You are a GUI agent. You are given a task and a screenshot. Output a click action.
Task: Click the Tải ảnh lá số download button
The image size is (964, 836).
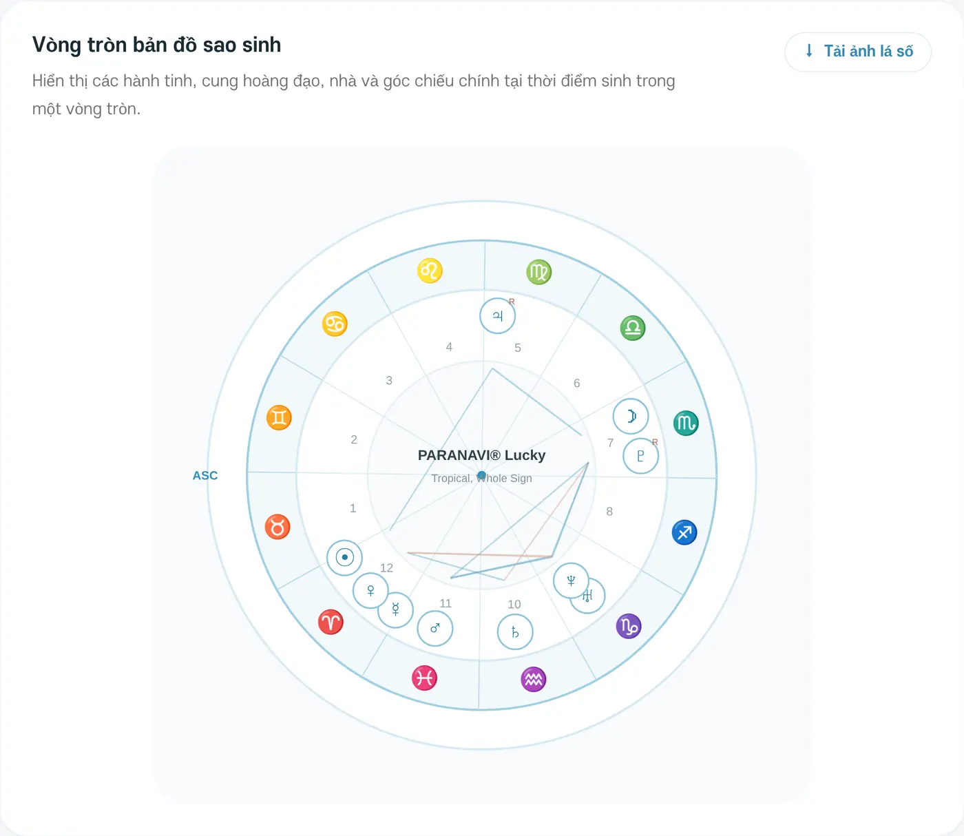pos(858,52)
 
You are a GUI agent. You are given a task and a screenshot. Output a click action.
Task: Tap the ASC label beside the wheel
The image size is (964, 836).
pos(205,475)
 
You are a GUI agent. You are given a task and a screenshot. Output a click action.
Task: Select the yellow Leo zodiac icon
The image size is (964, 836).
pos(430,271)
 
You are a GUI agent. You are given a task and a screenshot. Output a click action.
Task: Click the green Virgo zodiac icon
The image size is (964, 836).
pos(538,272)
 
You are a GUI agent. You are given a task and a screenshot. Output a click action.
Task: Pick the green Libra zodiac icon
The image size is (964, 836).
pos(632,328)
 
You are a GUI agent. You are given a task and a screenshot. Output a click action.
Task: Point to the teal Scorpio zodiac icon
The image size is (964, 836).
pos(686,423)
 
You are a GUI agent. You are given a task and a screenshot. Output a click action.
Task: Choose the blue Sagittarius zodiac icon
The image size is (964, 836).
pos(684,532)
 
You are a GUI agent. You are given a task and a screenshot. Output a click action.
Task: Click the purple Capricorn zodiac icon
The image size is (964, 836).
pos(629,626)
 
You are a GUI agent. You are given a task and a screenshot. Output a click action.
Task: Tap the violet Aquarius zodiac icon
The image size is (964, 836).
pos(533,679)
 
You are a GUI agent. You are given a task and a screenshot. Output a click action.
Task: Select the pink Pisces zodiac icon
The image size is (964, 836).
pos(424,678)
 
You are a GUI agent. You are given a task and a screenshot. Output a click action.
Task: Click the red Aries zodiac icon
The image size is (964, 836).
pos(331,622)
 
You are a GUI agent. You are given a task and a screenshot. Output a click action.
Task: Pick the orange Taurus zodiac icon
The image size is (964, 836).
pos(277,527)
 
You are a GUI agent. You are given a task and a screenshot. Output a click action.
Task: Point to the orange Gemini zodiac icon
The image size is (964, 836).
pos(279,417)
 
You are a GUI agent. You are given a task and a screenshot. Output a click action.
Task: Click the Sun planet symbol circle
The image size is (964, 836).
pos(344,558)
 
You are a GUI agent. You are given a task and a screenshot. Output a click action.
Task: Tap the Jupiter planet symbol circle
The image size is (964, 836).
pos(498,316)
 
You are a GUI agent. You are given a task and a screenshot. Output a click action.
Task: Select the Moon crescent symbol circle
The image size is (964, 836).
pos(631,416)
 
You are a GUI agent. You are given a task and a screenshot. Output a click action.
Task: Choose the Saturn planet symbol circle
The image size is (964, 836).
pos(515,632)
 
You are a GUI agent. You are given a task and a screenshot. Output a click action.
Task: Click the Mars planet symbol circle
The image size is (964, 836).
pos(434,629)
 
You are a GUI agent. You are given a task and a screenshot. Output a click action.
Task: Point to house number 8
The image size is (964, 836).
pos(609,512)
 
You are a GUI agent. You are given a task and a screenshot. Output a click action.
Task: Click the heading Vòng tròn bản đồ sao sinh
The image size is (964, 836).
pos(157,45)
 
